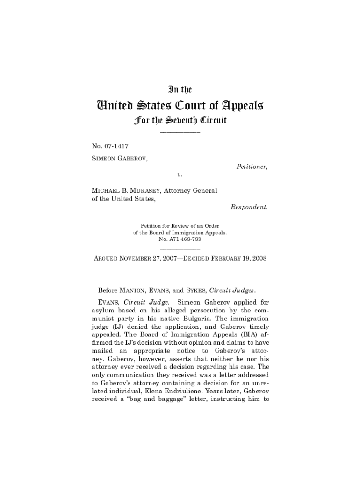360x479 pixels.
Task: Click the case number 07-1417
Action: tap(116, 146)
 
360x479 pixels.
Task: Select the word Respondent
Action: tap(249, 207)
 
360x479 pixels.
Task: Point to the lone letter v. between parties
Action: tap(180, 174)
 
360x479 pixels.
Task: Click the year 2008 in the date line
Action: tap(259, 259)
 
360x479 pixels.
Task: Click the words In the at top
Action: tap(180, 89)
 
